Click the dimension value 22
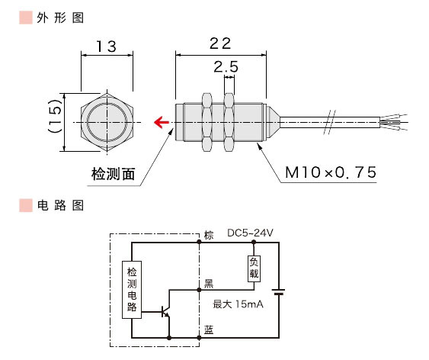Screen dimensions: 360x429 220,43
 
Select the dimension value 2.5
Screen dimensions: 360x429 226,68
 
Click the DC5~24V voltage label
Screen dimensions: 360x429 250,233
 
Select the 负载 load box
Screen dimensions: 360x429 254,267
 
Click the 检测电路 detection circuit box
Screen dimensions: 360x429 132,291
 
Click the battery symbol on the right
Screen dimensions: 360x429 278,291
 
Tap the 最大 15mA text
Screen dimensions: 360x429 237,304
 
